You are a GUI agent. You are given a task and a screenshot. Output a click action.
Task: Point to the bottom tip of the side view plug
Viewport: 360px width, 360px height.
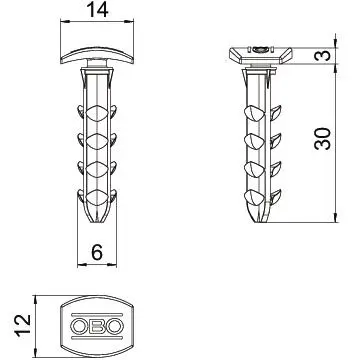(x=261, y=221)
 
